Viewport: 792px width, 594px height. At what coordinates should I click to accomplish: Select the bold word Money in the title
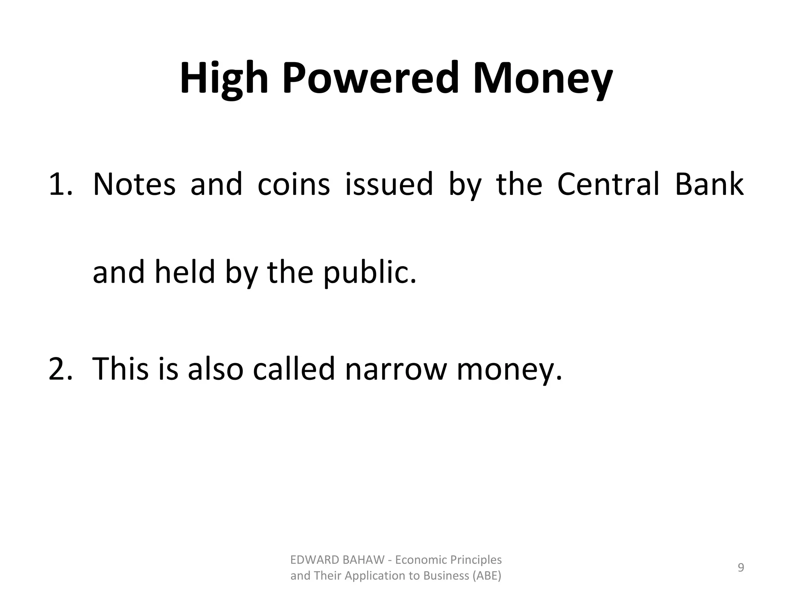[543, 79]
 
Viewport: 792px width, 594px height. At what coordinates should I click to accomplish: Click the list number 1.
[60, 184]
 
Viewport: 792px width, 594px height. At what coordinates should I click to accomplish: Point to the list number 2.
[60, 368]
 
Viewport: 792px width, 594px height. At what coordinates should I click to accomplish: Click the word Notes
[134, 184]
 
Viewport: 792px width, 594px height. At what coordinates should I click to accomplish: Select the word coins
[294, 184]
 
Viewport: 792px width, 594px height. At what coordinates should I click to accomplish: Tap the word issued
[389, 184]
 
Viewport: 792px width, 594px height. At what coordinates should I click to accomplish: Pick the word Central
[608, 184]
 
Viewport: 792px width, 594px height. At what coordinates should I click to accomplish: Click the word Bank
[709, 184]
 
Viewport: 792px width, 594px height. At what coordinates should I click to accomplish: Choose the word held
[185, 272]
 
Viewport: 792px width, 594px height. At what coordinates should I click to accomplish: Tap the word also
[215, 368]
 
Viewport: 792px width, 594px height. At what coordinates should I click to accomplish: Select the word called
[294, 368]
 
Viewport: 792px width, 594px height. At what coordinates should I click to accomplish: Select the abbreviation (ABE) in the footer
[487, 576]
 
